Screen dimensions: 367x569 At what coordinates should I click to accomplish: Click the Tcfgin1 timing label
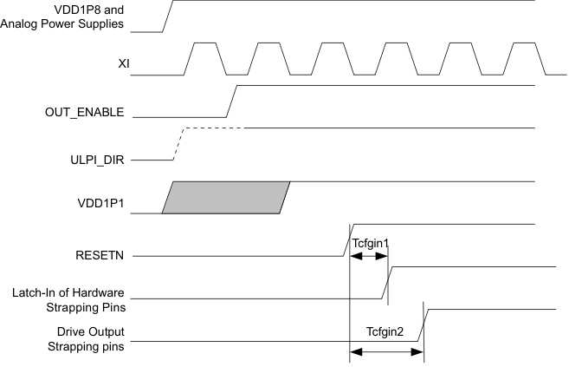[370, 244]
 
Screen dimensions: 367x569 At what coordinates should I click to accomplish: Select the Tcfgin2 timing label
[386, 331]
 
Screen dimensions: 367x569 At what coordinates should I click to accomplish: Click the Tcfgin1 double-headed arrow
[368, 257]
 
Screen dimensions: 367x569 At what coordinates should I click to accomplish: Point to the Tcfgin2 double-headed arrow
[386, 351]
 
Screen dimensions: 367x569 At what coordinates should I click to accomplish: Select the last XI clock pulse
[522, 58]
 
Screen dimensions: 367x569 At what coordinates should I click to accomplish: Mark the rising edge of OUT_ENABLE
[230, 101]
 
